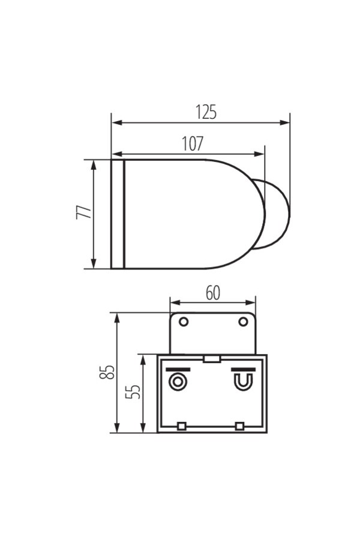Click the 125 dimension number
pos(206,112)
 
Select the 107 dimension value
pos(193,143)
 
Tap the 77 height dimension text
pos(84,212)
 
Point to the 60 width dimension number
pos(212,293)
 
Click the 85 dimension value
pos(106,372)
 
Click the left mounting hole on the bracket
pos(184,322)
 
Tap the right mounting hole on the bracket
pos(243,322)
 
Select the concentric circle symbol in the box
pos(178,382)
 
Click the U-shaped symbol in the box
pos(244,382)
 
